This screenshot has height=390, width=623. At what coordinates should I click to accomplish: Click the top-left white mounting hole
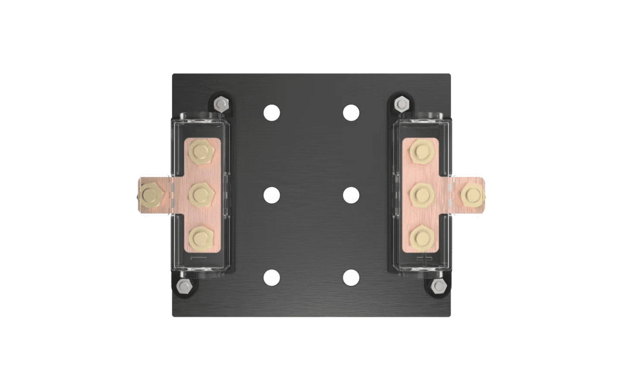pyautogui.click(x=272, y=113)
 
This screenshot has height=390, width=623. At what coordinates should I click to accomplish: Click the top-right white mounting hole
pyautogui.click(x=351, y=113)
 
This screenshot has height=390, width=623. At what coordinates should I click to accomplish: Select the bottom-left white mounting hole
pyautogui.click(x=272, y=277)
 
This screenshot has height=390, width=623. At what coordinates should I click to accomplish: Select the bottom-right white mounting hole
pyautogui.click(x=351, y=277)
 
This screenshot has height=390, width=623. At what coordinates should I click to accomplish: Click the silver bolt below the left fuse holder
pyautogui.click(x=183, y=286)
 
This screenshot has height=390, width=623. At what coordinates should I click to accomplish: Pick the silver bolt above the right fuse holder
pyautogui.click(x=402, y=103)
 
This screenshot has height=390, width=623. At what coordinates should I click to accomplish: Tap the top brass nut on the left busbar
pyautogui.click(x=201, y=151)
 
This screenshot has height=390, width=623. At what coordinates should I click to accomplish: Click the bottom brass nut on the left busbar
pyautogui.click(x=201, y=237)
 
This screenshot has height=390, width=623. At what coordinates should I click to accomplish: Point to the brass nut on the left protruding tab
pyautogui.click(x=150, y=195)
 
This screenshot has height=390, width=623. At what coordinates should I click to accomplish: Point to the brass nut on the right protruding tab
pyautogui.click(x=471, y=195)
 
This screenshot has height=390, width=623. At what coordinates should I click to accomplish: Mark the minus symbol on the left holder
pyautogui.click(x=199, y=258)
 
